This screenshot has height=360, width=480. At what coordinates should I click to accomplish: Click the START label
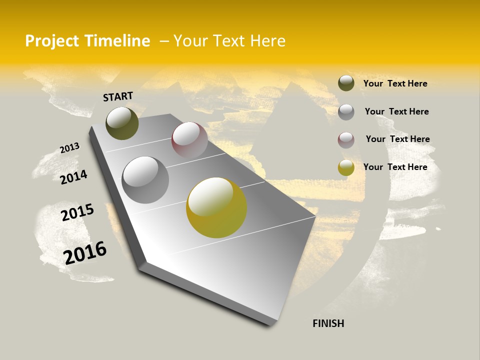(118, 96)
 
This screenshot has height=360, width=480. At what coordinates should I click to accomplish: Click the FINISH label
(328, 323)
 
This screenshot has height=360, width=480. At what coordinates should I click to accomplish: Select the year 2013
(70, 148)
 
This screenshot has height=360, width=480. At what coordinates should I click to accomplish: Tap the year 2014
(74, 177)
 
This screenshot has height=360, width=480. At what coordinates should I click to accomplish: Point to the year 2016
(85, 252)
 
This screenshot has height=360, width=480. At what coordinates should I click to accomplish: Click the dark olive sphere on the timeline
(122, 123)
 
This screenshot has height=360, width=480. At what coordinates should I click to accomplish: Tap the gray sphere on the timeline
(145, 180)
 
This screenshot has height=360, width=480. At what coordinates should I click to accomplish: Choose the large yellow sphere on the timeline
(216, 207)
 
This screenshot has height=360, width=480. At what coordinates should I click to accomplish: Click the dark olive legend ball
(346, 83)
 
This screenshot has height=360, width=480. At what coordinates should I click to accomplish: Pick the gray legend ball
(346, 112)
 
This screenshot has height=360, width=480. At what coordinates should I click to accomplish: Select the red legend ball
(346, 140)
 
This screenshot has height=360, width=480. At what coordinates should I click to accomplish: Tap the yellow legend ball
(346, 168)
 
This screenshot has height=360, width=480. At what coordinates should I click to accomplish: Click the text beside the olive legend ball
(395, 83)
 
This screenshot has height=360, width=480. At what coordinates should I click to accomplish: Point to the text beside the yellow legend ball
(395, 167)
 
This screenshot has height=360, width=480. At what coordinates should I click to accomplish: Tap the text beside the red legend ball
(397, 139)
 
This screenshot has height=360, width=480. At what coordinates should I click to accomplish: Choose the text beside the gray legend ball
(396, 111)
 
